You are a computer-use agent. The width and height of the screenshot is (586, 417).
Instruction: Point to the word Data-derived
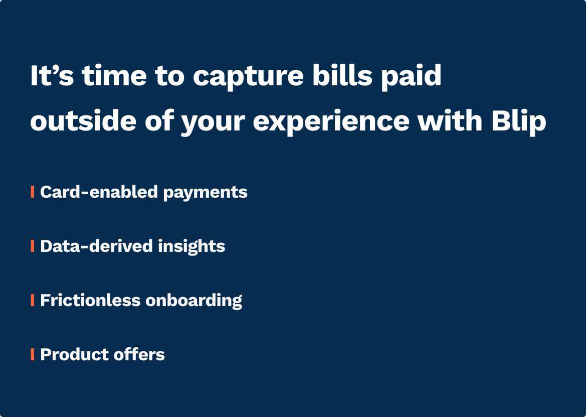coord(96,246)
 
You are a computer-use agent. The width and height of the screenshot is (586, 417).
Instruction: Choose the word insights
coord(191,246)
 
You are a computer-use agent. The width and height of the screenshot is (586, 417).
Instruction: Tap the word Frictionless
coord(90,300)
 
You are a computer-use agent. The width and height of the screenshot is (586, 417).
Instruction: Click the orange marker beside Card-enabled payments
coord(33,192)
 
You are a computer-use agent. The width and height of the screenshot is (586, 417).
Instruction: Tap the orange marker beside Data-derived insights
coord(33,246)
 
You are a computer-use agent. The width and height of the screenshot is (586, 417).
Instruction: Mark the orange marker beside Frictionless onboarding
coord(33,300)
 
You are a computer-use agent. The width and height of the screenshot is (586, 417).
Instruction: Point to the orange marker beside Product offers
coord(33,354)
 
